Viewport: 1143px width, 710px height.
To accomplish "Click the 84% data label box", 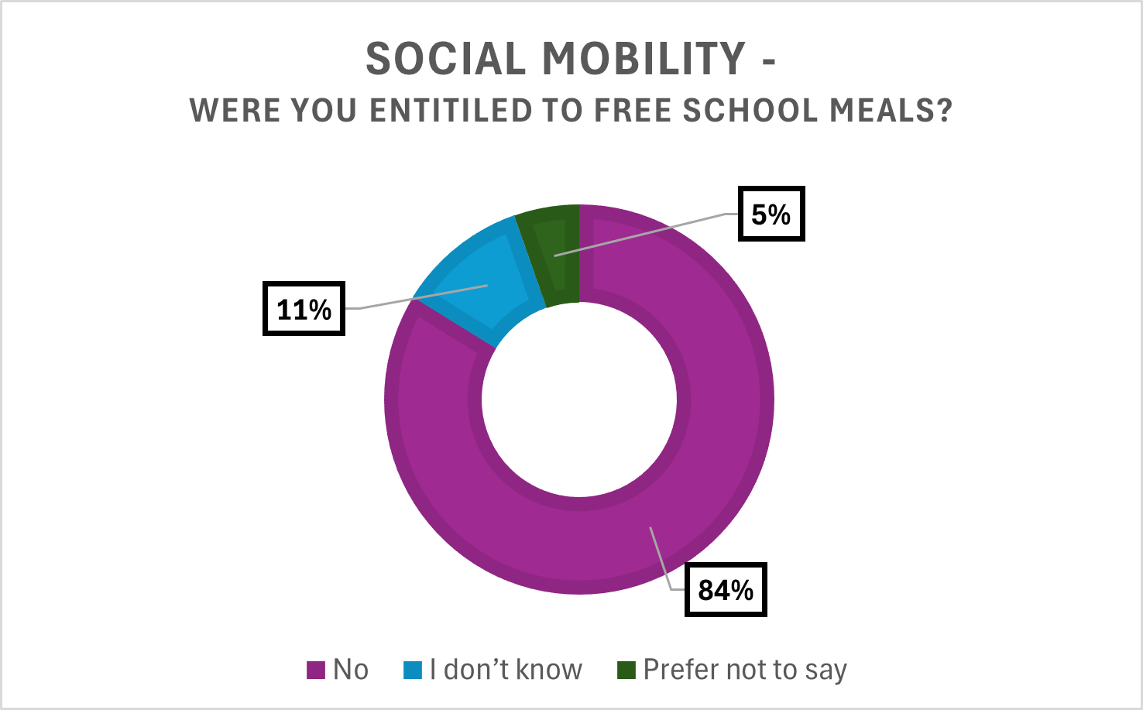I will tap(726, 590).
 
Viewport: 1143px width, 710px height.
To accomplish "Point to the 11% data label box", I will tap(304, 309).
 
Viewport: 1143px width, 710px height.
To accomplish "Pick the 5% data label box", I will tap(771, 214).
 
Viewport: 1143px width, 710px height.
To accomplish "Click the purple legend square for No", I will tap(316, 670).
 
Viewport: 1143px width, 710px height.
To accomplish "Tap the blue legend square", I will tap(413, 670).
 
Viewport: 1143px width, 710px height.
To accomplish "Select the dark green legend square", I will tap(626, 670).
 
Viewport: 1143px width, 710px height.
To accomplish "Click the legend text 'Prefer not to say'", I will tap(745, 670).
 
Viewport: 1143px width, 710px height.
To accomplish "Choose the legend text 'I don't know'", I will tap(506, 670).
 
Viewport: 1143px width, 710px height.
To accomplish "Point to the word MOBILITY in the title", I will tap(644, 60).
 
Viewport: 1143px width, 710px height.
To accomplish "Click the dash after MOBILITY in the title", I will tap(768, 61).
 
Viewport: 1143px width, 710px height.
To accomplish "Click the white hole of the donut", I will tap(579, 400).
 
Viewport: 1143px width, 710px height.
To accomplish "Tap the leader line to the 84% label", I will tap(661, 557).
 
